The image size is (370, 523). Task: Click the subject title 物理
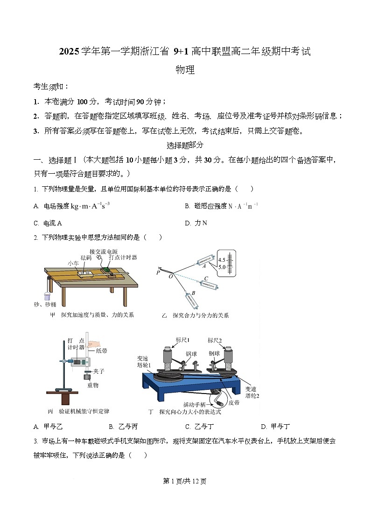click(185, 70)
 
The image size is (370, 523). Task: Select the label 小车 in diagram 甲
click(73, 263)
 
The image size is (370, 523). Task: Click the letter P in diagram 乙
click(159, 272)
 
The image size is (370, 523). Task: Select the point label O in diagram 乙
click(170, 276)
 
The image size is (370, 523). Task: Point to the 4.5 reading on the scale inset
click(222, 259)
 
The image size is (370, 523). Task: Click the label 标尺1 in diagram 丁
click(182, 340)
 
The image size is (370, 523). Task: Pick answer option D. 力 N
click(196, 223)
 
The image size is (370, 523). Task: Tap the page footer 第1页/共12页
click(185, 481)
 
